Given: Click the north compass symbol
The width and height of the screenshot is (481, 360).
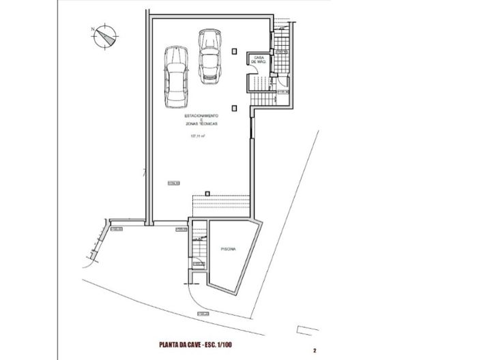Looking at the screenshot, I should (x=105, y=37).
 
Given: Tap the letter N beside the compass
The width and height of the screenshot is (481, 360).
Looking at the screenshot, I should (x=91, y=29).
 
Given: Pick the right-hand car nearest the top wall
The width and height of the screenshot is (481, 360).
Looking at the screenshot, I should (x=207, y=55).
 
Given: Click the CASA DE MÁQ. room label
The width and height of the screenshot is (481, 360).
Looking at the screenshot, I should (x=259, y=59).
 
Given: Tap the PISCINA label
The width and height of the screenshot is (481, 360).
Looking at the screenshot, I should (x=228, y=251).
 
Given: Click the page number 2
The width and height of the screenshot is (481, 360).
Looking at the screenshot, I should (x=315, y=350).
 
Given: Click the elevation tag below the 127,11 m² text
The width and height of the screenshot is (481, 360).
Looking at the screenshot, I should (x=173, y=182).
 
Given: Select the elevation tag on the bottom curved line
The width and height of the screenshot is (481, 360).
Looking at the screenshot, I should (x=202, y=314).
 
